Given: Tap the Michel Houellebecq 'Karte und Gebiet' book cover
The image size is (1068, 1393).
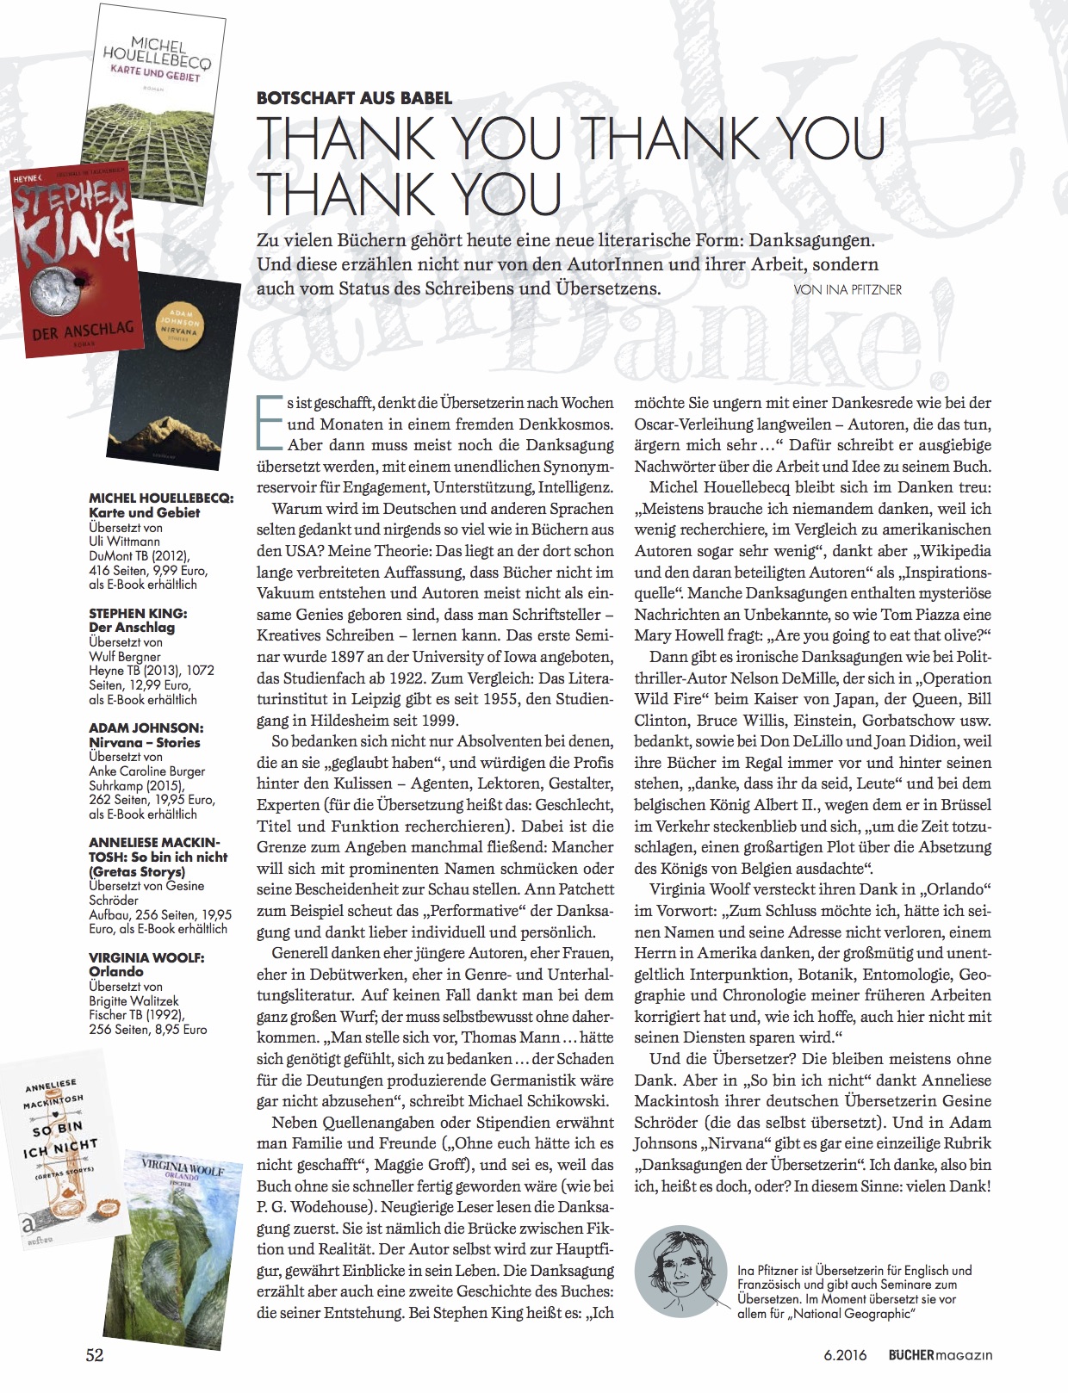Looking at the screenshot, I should pyautogui.click(x=155, y=86).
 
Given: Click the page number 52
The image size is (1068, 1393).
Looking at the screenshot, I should pyautogui.click(x=95, y=1354).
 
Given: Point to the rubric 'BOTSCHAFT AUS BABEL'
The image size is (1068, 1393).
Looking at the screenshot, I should pyautogui.click(x=354, y=98).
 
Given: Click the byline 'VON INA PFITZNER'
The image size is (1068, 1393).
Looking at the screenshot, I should pyautogui.click(x=848, y=289).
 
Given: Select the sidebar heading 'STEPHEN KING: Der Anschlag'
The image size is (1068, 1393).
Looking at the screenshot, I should pyautogui.click(x=138, y=620).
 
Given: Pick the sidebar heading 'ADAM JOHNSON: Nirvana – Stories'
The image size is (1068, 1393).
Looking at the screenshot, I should pyautogui.click(x=145, y=734).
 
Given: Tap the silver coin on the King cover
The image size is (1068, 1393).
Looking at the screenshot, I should pyautogui.click(x=53, y=294).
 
